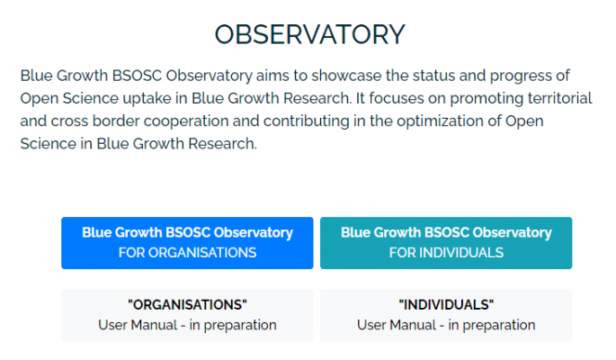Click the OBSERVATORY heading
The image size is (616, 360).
[x=309, y=34]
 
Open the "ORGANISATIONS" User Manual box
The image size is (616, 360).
[x=187, y=315]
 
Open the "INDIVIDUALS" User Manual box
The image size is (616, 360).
[x=446, y=315]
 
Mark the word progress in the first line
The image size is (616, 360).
[x=522, y=75]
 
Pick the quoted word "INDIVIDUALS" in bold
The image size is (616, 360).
[x=446, y=305]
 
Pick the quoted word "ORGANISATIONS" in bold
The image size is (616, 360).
[x=187, y=305]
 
